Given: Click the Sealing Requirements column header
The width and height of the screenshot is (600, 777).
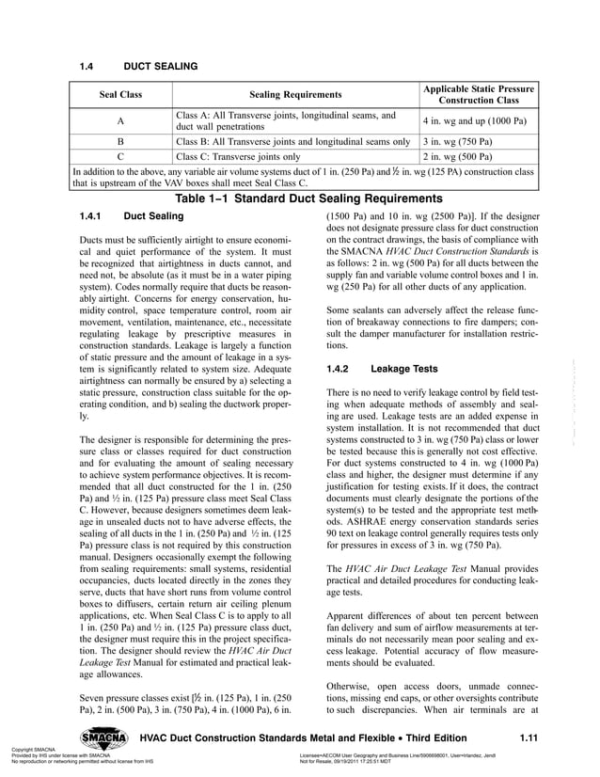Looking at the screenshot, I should coord(295,95).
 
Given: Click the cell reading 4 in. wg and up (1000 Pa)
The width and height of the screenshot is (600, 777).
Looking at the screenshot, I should coord(474,122).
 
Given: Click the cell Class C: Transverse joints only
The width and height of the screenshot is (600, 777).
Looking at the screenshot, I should coord(238,157).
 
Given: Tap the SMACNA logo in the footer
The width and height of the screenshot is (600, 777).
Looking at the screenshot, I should coord(105,737).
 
